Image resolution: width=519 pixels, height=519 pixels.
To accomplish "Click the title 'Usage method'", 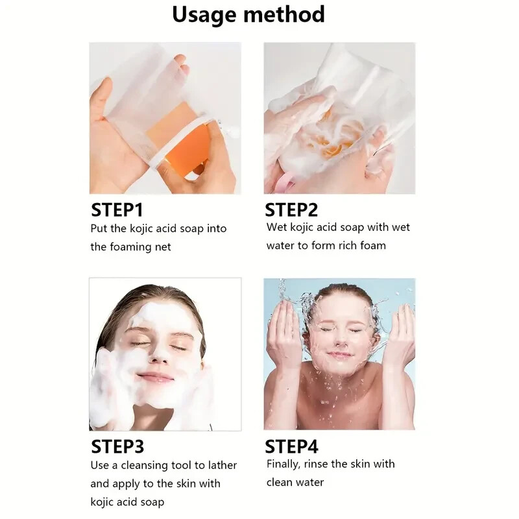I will [x=248, y=14].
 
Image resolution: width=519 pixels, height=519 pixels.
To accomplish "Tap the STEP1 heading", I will [x=117, y=210].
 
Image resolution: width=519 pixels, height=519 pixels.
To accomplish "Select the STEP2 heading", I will [x=291, y=210].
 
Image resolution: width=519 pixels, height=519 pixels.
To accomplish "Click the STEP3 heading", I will [x=117, y=446].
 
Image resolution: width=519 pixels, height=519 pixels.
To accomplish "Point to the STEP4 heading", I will [x=292, y=446].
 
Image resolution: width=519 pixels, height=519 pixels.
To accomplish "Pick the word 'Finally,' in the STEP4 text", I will [x=285, y=465].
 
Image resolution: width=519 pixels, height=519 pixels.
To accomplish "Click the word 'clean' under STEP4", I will [x=281, y=483].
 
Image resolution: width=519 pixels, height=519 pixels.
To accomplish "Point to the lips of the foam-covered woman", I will [x=156, y=377].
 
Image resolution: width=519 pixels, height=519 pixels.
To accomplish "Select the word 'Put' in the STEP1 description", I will [x=99, y=229].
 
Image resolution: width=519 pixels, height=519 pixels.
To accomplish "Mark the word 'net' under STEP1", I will [x=163, y=247].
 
